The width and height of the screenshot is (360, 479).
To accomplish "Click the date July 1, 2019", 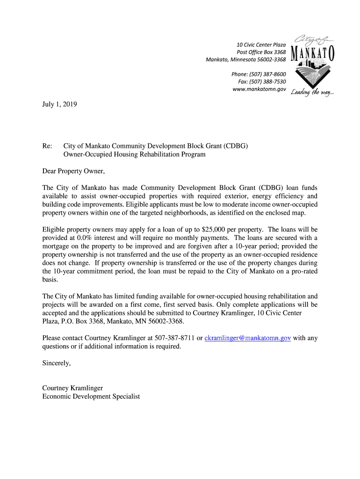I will pos(59,105).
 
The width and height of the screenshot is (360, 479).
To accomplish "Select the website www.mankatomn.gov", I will pos(259,88).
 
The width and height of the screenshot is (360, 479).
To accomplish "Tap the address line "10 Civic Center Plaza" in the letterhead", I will pos(261,44).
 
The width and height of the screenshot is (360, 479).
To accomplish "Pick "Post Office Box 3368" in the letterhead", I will pos(261,52).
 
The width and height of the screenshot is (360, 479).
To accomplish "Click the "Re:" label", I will pos(47,146).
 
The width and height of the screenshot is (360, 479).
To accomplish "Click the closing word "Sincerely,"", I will pos(57,363).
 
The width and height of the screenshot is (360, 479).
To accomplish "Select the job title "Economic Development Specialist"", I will pos(91,396).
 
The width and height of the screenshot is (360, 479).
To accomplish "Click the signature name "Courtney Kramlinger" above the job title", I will pos(72,388).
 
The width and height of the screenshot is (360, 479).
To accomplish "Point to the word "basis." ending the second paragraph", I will pos(50,279).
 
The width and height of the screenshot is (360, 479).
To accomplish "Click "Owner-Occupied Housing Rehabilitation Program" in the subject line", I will pos(134,154).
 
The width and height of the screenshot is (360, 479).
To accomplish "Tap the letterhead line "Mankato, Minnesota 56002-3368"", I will pos(246,59).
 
